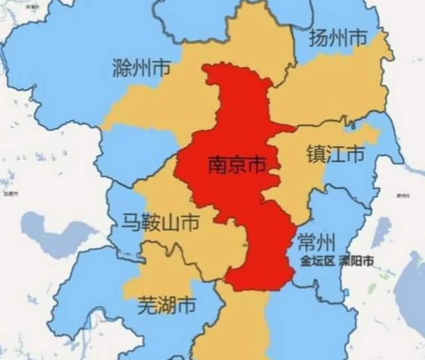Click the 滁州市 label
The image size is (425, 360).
pos(141,68)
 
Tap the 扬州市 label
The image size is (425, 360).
pos(338,38)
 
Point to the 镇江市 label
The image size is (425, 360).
pos(335,154)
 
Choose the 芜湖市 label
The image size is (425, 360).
pos(166,306)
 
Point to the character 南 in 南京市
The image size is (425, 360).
pos(218,165)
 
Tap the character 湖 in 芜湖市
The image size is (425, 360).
pos(166,306)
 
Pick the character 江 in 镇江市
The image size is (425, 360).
pos(335,154)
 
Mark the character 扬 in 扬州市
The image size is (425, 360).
pos(320,38)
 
